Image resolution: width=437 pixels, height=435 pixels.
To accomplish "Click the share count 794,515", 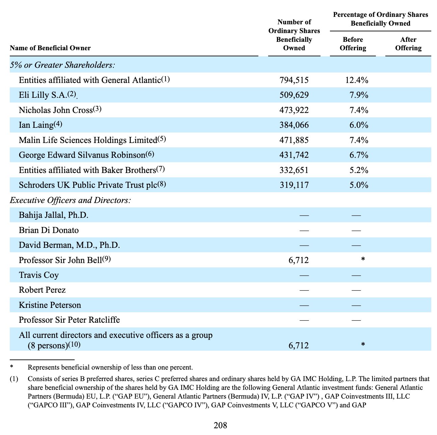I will click(294, 80).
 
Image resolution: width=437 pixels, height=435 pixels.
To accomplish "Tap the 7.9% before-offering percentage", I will click(359, 95).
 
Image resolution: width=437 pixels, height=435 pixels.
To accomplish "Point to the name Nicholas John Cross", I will click(56, 110).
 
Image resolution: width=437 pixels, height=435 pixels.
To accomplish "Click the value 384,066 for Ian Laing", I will click(294, 125).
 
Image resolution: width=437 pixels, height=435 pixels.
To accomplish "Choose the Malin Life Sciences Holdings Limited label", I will click(88, 140).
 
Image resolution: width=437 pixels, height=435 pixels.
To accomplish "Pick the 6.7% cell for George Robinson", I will click(359, 155).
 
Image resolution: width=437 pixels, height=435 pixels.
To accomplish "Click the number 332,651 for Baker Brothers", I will click(294, 170).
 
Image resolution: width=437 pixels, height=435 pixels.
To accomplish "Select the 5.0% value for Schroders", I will click(359, 185).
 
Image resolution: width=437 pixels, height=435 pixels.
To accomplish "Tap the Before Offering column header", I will click(353, 44).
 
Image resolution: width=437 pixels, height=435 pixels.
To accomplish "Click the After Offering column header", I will click(408, 44).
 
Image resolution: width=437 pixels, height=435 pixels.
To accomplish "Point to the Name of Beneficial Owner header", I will click(50, 48).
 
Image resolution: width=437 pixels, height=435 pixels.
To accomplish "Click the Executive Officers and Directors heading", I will click(70, 200).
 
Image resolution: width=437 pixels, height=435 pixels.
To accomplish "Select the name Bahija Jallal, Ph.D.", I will click(53, 215).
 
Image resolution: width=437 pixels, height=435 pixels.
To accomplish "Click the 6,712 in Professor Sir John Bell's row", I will click(299, 260).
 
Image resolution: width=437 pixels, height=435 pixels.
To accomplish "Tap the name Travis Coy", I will click(39, 275).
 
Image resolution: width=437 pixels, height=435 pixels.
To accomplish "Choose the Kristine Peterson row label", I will click(50, 305).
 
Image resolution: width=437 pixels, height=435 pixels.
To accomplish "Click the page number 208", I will click(220, 426).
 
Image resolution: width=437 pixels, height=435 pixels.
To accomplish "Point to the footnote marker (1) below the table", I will click(14, 379).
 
